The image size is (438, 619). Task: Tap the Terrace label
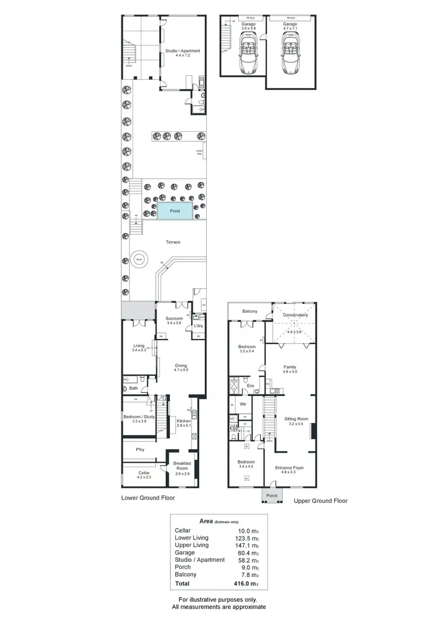tap(173, 242)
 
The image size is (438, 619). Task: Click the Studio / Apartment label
tap(183, 51)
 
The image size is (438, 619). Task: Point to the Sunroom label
tap(175, 319)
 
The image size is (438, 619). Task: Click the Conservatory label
tap(295, 315)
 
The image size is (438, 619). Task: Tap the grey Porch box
tap(272, 496)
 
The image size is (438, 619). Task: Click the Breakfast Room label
tap(182, 466)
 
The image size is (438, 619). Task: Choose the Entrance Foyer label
tap(290, 468)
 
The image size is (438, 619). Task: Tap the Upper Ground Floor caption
tap(320, 501)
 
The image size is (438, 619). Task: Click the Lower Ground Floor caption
tap(148, 498)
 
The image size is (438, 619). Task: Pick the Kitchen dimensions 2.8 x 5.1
tap(183, 425)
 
